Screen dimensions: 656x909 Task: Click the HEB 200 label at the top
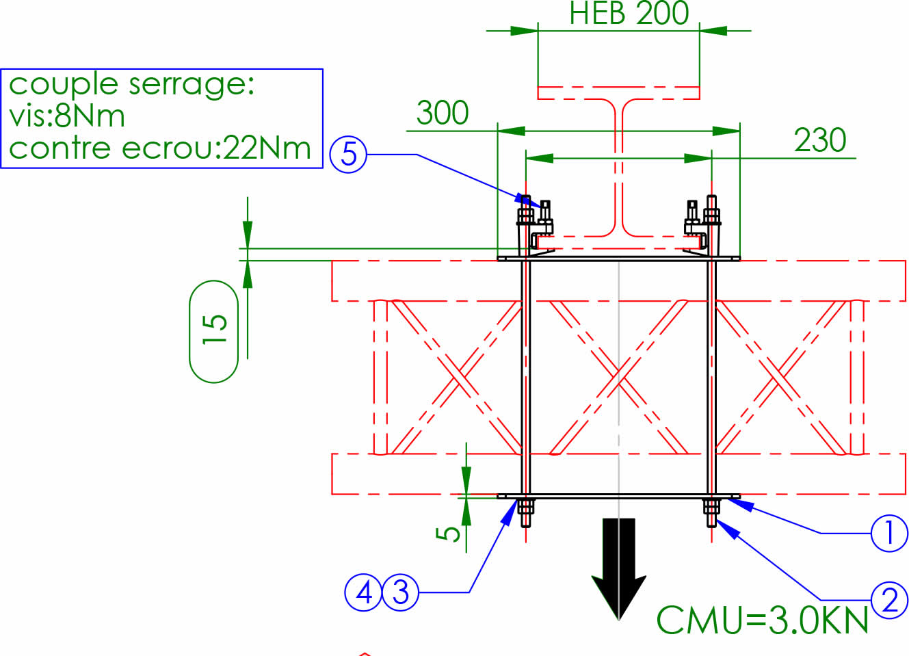point(629,14)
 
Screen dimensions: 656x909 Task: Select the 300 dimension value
point(443,113)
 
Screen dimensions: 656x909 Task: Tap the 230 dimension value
point(819,140)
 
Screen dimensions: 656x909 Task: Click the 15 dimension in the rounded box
point(214,330)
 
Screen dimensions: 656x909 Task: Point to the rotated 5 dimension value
point(448,533)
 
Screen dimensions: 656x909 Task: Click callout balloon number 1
point(889,533)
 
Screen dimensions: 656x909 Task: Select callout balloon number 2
point(889,600)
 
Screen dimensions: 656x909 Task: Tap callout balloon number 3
point(400,592)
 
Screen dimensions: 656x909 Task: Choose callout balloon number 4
point(363,592)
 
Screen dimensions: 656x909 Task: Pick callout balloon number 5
point(349,155)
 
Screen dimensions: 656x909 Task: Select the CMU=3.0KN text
point(762,620)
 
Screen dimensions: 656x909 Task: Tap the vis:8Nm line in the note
point(67,116)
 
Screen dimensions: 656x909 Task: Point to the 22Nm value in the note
point(267,148)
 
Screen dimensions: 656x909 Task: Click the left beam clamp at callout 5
point(537,226)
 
